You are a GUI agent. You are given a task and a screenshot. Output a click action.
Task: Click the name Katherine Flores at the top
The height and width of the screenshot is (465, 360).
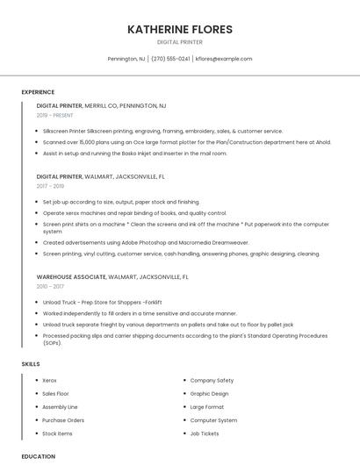[x=179, y=29]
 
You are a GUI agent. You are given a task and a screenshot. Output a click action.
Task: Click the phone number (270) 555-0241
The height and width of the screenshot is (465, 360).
[x=170, y=59]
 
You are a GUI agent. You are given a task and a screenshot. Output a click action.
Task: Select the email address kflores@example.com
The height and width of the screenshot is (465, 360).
[x=224, y=59]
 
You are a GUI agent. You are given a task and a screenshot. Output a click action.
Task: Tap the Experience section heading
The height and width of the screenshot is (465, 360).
[x=38, y=92]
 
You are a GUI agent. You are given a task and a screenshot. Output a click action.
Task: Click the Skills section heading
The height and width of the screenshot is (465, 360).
[x=31, y=363]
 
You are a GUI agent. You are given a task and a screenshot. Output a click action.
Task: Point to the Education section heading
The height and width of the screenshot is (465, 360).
[x=39, y=456]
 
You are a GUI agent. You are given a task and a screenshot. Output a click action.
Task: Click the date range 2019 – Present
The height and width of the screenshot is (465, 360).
[x=56, y=115]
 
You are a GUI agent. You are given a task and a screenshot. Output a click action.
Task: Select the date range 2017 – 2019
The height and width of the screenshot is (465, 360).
[x=50, y=186]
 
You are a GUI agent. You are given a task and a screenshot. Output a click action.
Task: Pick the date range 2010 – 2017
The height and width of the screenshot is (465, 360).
[x=50, y=286]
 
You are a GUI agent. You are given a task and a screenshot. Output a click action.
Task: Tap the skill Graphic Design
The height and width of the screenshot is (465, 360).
[x=209, y=394]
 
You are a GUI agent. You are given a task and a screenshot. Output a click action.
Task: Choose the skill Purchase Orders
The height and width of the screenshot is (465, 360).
[x=63, y=420]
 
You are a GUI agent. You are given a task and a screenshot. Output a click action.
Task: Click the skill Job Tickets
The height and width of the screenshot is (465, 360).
[x=205, y=433]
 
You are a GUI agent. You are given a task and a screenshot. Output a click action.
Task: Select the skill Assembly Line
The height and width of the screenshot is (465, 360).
[x=60, y=407]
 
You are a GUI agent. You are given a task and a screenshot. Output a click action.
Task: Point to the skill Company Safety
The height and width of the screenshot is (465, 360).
[x=212, y=381]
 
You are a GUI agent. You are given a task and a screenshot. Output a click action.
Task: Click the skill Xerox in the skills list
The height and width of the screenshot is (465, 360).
[x=49, y=381]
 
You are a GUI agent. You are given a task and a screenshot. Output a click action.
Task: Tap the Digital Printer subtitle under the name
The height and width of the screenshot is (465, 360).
[x=179, y=41]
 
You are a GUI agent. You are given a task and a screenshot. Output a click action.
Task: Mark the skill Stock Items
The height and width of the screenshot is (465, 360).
[x=57, y=433]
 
